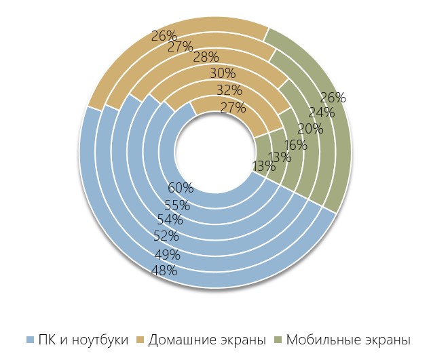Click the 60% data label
click(179, 188)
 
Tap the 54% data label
click(170, 220)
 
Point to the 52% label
click(166, 236)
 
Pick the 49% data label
click(166, 255)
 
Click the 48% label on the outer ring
click(164, 271)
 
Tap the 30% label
click(222, 73)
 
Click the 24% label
click(322, 113)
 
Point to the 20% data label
click(310, 129)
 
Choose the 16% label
click(295, 144)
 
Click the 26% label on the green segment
click(333, 98)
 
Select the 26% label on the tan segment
click(164, 36)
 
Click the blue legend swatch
click(30, 340)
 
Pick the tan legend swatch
click(141, 340)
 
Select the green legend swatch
click(278, 340)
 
